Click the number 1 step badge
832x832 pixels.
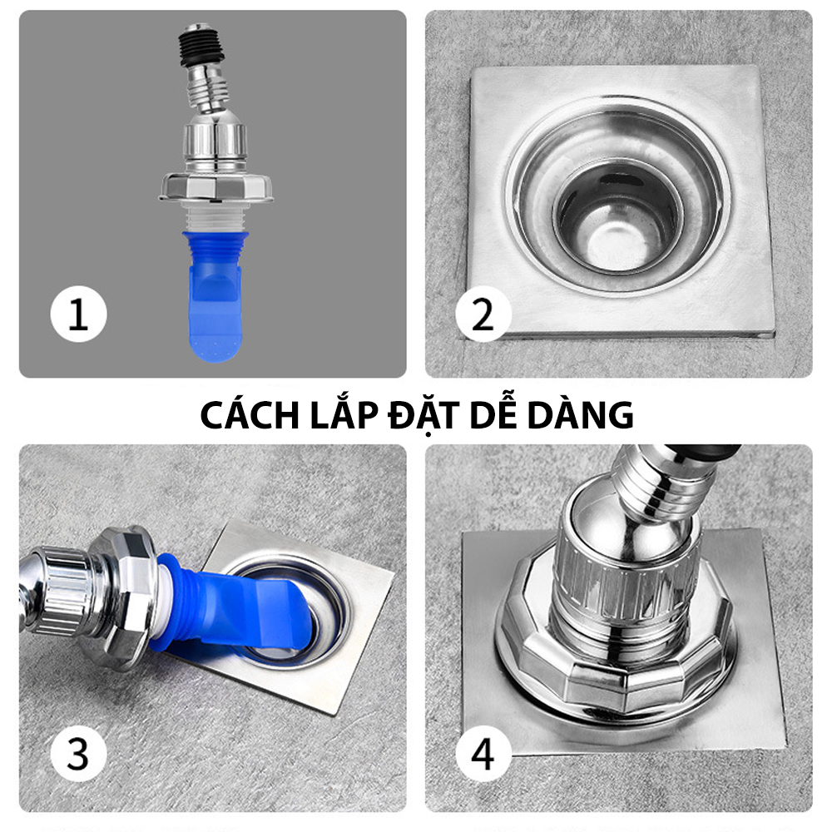click(x=78, y=314)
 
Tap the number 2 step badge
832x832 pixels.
click(x=483, y=314)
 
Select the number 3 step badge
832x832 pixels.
click(x=78, y=753)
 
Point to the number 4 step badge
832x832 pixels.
click(x=483, y=753)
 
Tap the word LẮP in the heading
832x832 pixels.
click(x=344, y=414)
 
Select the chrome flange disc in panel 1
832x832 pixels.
click(x=216, y=186)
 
